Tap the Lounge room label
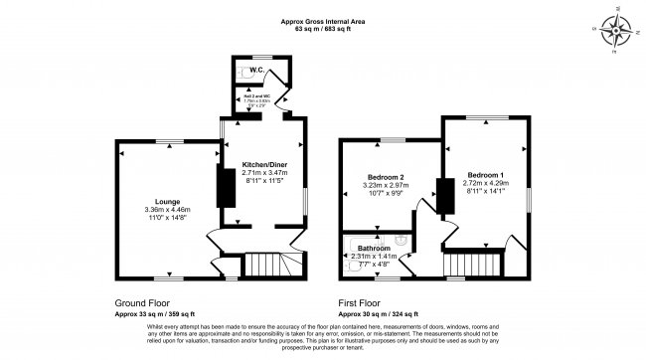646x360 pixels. point(167,202)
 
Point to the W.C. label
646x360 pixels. point(256,71)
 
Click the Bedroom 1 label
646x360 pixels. point(486,174)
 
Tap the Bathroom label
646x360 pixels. point(374,247)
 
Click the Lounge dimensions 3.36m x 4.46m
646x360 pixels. point(167,210)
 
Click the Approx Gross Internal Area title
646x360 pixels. point(323,20)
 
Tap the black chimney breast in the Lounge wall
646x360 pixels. point(225,188)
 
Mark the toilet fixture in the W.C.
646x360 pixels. point(245,73)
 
